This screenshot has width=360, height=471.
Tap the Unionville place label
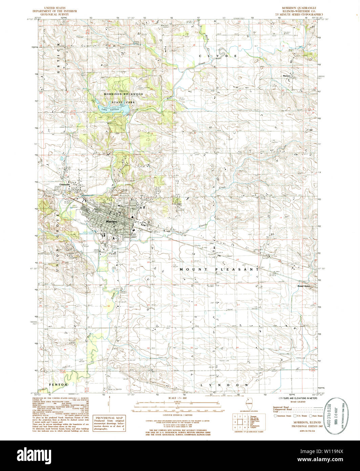pyautogui.click(x=65, y=184)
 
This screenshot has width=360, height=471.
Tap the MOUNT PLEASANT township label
pyautogui.click(x=219, y=269)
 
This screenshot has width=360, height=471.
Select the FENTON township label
pyautogui.click(x=58, y=385)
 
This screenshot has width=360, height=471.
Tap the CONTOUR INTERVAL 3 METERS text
pyautogui.click(x=177, y=415)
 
